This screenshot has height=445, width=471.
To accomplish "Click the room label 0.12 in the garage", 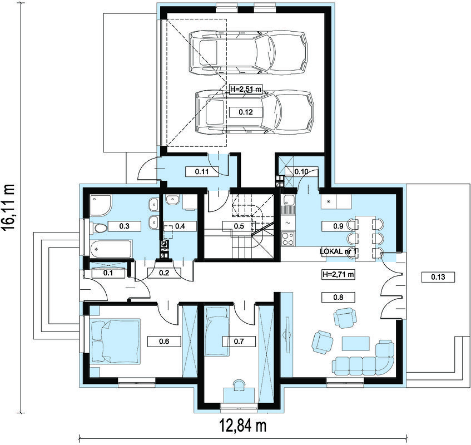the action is pos(246,112).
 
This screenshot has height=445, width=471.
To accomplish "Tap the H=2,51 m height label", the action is pos(246,89).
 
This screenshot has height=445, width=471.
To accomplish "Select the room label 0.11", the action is pos(202,171).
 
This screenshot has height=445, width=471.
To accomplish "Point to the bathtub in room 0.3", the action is pos(111,249).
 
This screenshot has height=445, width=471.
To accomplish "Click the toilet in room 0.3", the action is pos(98,228).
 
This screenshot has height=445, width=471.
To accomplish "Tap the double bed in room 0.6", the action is pos(115,341).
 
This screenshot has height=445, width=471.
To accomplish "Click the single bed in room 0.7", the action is pos(216,330).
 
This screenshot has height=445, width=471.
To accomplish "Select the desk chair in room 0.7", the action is pos(239,384).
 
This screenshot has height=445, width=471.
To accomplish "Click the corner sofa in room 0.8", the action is pos(364,358).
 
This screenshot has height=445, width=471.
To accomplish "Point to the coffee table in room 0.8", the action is pos(356,344).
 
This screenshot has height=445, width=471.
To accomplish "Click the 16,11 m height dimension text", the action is pos(9,207).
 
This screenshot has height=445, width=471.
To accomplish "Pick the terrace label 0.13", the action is pos(438,277).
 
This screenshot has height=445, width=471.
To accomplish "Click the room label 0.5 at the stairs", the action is pos(239,226).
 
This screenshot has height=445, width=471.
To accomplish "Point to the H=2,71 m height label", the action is pos(338,274).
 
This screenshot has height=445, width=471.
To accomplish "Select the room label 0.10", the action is pos(301,171).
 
